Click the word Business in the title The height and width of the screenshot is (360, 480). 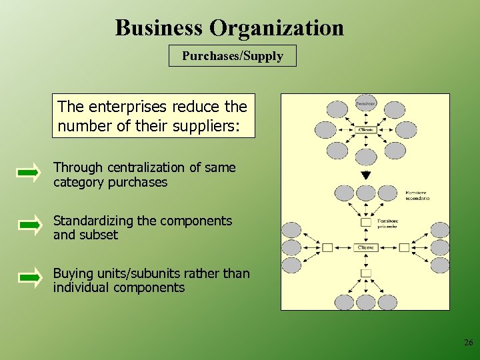[x=159, y=28]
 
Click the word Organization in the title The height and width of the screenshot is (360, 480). [x=277, y=28]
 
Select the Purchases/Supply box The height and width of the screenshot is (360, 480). [x=233, y=56]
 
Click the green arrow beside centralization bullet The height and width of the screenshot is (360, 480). [x=29, y=174]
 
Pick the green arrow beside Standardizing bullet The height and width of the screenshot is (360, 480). [x=29, y=227]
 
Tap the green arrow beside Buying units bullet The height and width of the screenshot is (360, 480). [x=29, y=279]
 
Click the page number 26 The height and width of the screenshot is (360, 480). [x=468, y=343]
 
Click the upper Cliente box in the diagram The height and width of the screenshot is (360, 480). [x=365, y=129]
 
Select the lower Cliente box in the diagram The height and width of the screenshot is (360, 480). [x=366, y=247]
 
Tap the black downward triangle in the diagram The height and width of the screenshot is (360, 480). [x=365, y=175]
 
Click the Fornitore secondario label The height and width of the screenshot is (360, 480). [x=417, y=195]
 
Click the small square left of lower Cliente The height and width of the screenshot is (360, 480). [x=327, y=247]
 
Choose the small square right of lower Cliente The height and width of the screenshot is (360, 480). [x=404, y=247]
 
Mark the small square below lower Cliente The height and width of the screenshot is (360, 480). [x=366, y=273]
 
